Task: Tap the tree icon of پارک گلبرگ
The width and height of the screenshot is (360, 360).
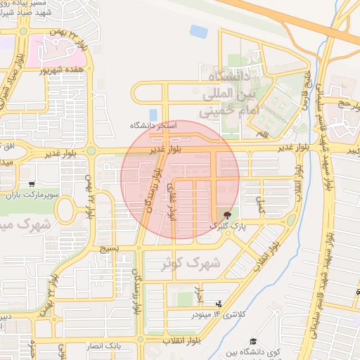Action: pyautogui.click(x=226, y=214)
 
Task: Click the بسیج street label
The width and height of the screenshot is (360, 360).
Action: pyautogui.click(x=108, y=247)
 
